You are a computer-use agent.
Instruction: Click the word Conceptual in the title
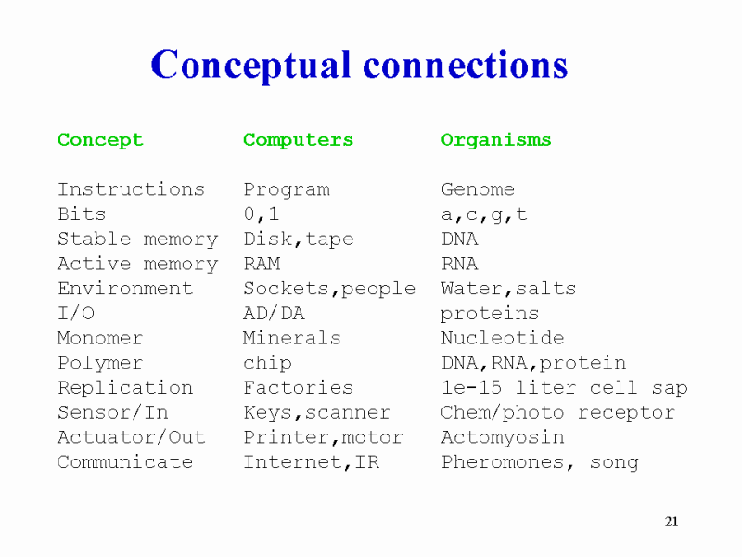click(x=250, y=65)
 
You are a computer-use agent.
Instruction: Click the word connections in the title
click(x=466, y=65)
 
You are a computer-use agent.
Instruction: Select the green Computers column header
click(x=298, y=140)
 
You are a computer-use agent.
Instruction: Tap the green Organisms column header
click(x=496, y=140)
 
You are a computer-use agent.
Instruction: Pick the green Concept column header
click(x=100, y=140)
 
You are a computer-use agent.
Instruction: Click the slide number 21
click(x=672, y=522)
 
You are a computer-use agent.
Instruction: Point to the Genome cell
click(x=478, y=189)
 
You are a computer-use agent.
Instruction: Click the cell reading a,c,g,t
click(x=484, y=214)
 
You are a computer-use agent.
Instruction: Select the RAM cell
click(x=262, y=264)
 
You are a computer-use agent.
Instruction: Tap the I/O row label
click(x=76, y=313)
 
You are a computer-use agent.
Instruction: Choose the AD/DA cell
click(x=274, y=313)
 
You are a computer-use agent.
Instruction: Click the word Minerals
click(x=292, y=338)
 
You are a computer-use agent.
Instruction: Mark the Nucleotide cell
click(x=503, y=338)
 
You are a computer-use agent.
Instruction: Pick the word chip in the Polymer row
click(x=267, y=363)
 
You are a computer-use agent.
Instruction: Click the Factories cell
click(x=298, y=388)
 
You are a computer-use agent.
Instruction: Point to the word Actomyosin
click(x=503, y=437)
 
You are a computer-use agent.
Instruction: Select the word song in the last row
click(x=614, y=462)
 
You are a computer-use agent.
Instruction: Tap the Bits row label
click(x=82, y=214)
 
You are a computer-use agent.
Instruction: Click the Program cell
click(x=287, y=190)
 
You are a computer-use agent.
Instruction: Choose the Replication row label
click(x=125, y=388)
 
